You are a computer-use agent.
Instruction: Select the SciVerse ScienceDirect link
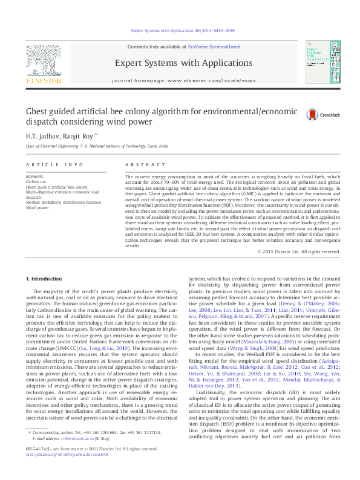tap(214, 47)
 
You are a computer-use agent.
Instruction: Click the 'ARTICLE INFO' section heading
tap(54, 164)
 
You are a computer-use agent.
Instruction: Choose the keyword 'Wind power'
tap(37, 207)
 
